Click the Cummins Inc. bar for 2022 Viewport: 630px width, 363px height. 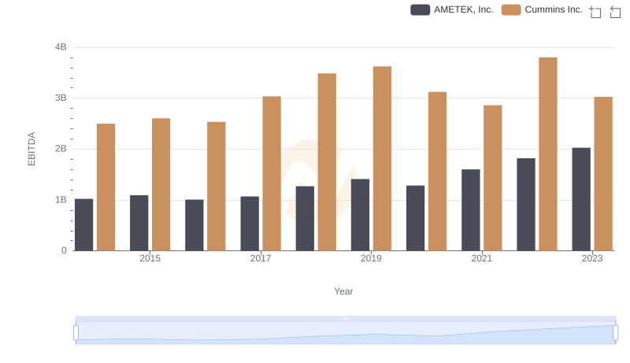[548, 154]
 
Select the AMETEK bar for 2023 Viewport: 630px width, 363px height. [581, 199]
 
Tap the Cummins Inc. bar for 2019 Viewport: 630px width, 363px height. [382, 158]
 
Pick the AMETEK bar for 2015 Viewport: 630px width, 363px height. [139, 223]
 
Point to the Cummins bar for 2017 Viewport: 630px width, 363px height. [272, 173]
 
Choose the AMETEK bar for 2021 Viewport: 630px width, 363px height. [471, 210]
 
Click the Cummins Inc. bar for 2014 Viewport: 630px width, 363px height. [106, 187]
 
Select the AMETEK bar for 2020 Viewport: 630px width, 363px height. [416, 218]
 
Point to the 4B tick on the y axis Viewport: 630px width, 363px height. [60, 47]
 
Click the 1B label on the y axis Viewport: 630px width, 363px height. [60, 200]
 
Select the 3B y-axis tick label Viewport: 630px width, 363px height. [60, 98]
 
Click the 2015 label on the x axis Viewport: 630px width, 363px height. [150, 258]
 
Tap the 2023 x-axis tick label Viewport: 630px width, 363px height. [592, 258]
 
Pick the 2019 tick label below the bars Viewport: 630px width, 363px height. [372, 258]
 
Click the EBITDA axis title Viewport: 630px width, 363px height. [32, 149]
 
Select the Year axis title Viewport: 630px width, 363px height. [343, 291]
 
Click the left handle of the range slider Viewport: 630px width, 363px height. [76, 332]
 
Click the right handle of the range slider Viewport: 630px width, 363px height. [615, 332]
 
